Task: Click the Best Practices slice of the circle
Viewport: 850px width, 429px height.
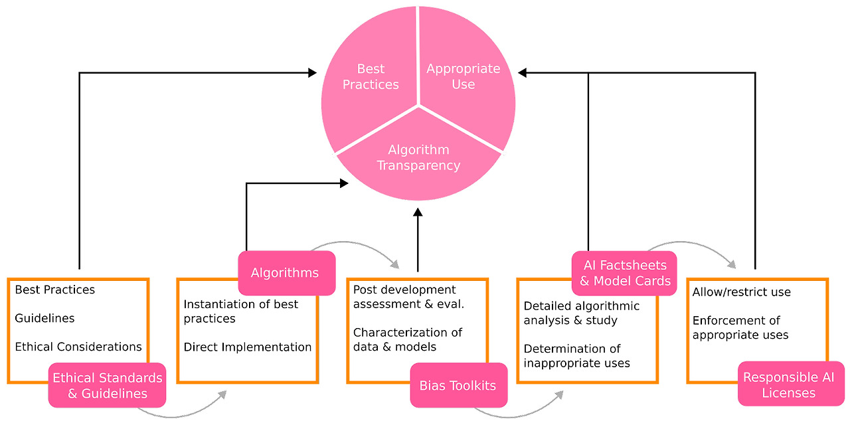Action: click(x=371, y=76)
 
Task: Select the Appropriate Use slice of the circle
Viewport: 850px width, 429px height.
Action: click(x=464, y=76)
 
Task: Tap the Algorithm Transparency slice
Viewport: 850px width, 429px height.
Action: click(x=418, y=157)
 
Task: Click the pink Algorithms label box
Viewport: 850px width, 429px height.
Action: click(x=286, y=273)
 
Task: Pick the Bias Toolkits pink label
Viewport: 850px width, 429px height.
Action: click(x=458, y=385)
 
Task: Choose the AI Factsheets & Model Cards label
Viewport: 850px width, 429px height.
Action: click(x=624, y=273)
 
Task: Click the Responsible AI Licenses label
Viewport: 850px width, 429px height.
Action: click(x=790, y=385)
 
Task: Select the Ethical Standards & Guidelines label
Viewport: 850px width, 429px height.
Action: click(x=107, y=385)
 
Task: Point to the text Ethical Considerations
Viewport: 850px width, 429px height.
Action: click(x=78, y=347)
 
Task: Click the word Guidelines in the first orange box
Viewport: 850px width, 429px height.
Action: click(x=44, y=318)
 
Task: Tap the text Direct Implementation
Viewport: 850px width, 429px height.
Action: click(x=247, y=347)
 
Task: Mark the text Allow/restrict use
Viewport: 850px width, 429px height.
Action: click(x=741, y=292)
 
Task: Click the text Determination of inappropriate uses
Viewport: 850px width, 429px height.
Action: click(x=576, y=356)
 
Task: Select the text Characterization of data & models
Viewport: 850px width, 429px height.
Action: click(x=407, y=339)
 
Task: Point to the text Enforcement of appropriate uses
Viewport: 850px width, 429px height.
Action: click(x=740, y=328)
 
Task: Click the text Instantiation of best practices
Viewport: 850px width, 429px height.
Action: click(x=240, y=311)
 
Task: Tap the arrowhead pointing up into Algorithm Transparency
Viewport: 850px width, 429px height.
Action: click(x=418, y=213)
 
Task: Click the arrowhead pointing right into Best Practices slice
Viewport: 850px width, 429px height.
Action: click(x=312, y=72)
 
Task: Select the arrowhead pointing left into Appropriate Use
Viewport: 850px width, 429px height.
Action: click(x=523, y=72)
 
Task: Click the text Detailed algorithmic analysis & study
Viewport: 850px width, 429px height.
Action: click(x=581, y=313)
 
